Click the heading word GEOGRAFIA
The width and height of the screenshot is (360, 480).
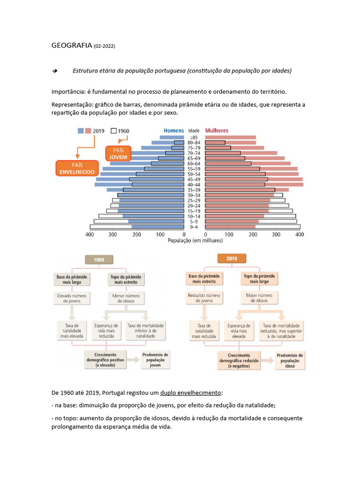(72, 45)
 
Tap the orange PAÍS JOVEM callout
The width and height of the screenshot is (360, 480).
(118, 154)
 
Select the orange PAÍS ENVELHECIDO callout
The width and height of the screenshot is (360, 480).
(77, 168)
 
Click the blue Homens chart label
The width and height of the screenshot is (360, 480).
(174, 131)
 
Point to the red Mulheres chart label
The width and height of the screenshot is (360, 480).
(217, 131)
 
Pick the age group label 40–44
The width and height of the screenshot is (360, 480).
(194, 185)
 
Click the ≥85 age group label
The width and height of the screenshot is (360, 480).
(194, 138)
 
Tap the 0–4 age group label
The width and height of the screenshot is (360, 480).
(194, 227)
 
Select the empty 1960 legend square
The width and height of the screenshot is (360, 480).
(113, 131)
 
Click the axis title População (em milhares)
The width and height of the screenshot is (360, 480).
(195, 240)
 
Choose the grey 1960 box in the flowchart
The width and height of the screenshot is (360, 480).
(99, 260)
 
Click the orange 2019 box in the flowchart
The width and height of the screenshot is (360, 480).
(232, 259)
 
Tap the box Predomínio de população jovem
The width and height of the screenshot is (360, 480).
(155, 360)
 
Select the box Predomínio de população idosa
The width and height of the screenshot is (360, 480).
(290, 360)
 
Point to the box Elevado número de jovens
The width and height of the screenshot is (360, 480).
(72, 299)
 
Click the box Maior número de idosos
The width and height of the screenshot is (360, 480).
(259, 298)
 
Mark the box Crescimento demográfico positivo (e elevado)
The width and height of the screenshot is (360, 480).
(105, 360)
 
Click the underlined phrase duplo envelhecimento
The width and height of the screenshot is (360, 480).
(190, 393)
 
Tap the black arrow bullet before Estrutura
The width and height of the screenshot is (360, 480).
(55, 71)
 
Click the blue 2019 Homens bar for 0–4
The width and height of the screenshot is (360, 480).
(158, 227)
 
